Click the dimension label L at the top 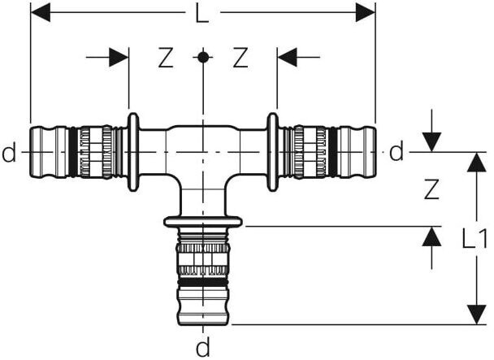(x=203, y=13)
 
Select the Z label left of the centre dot (x=166, y=58)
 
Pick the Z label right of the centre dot (x=240, y=58)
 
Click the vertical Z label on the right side (x=431, y=189)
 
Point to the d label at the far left (x=9, y=152)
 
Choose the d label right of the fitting (x=396, y=152)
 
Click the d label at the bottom (x=203, y=348)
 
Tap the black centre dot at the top (x=203, y=57)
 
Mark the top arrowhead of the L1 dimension (x=474, y=162)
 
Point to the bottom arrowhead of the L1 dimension (x=474, y=314)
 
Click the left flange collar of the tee (x=133, y=152)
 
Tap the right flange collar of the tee (x=273, y=152)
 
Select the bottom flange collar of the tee (x=203, y=222)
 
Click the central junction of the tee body (x=203, y=154)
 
